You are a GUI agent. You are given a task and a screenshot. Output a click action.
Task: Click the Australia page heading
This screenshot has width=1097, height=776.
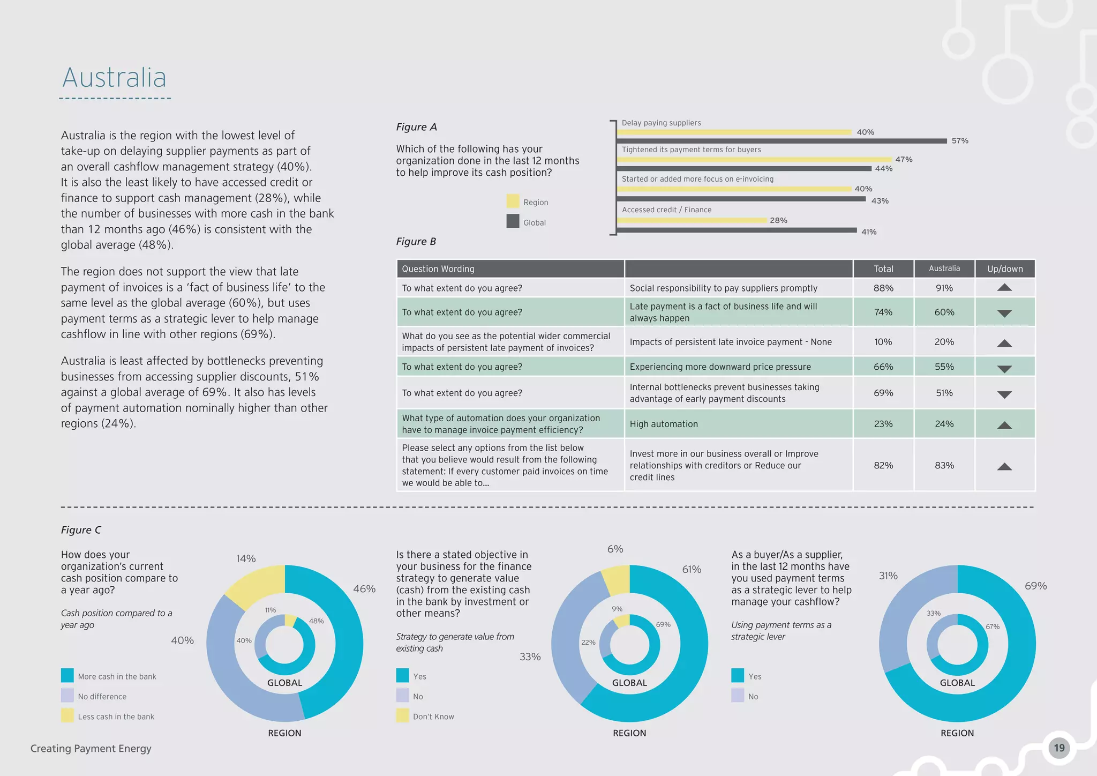click(114, 78)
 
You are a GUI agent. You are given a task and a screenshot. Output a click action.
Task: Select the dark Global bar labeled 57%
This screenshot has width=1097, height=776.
click(782, 141)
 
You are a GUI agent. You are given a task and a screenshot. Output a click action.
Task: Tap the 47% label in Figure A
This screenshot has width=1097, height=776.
click(904, 159)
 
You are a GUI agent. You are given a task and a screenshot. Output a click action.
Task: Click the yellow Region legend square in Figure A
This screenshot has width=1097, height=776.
click(513, 202)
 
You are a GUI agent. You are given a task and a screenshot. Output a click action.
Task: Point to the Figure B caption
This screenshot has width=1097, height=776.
click(416, 242)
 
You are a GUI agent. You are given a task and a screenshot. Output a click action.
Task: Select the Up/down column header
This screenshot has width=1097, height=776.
click(1005, 269)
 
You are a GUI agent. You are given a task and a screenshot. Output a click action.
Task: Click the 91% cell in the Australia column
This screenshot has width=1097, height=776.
click(944, 288)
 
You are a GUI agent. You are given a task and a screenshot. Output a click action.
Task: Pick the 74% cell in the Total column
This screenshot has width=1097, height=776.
click(883, 312)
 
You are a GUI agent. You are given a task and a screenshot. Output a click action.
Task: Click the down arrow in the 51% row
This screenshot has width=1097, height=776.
click(1004, 394)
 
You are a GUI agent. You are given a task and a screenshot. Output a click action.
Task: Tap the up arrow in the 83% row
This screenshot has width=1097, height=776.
click(1004, 467)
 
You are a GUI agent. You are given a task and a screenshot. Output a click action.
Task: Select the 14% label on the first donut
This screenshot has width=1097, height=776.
click(246, 558)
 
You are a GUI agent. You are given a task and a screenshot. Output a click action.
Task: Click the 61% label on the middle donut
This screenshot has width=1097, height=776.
click(691, 569)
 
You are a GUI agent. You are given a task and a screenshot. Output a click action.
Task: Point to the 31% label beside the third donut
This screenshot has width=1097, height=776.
click(888, 576)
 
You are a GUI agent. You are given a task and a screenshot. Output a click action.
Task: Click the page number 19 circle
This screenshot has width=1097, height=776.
click(1059, 748)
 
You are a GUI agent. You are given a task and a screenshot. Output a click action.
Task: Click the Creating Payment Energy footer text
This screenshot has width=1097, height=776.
click(91, 749)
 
